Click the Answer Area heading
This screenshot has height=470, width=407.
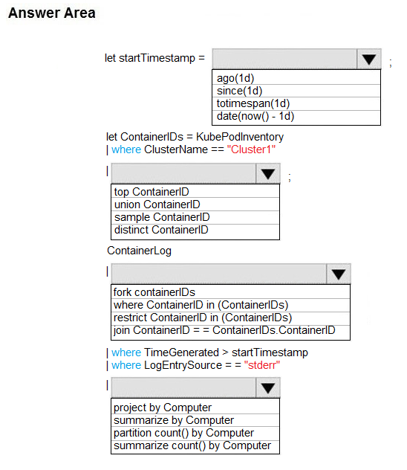(x=52, y=13)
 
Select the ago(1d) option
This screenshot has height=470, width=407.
(x=235, y=78)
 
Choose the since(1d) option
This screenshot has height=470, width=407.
(x=239, y=91)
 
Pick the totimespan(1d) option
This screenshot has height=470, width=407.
(x=253, y=103)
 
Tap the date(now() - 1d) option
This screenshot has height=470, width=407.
(x=255, y=116)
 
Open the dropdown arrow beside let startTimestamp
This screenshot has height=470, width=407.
(x=369, y=59)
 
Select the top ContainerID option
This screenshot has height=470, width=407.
(x=152, y=192)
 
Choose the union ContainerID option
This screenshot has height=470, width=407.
(x=157, y=205)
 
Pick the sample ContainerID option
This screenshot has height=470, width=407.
(x=162, y=217)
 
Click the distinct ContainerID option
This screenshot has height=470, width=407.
(x=161, y=230)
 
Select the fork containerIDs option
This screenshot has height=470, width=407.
(x=154, y=292)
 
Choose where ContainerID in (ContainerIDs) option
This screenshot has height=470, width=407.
(x=201, y=305)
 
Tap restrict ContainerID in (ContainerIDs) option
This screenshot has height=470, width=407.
(x=203, y=318)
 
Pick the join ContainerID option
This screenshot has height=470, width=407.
(x=224, y=330)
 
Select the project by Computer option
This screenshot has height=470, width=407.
(x=163, y=408)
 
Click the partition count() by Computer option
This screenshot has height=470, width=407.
(x=183, y=433)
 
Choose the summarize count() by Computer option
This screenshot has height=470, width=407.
(x=192, y=445)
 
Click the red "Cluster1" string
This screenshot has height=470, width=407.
(x=251, y=149)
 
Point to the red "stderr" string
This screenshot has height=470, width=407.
(x=262, y=365)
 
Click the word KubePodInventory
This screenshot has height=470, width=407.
(x=240, y=137)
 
